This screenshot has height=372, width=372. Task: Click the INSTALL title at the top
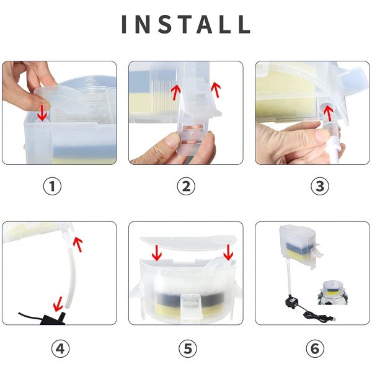click(186, 24)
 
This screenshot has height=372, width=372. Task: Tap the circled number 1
click(52, 186)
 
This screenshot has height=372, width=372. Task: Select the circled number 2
click(186, 186)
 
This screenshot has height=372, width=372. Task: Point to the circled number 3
click(320, 186)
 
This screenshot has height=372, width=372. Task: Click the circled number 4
click(61, 348)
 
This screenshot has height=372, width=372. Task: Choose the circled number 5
click(188, 348)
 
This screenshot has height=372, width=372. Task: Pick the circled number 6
click(315, 348)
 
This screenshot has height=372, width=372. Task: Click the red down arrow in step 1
click(43, 113)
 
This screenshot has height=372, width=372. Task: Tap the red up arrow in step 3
click(328, 113)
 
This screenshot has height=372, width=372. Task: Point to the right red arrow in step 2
click(216, 89)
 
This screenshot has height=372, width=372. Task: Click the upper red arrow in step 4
click(78, 244)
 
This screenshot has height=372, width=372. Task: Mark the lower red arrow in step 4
click(58, 304)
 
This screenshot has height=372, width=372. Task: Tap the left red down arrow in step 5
click(157, 253)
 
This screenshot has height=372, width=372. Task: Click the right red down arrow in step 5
click(228, 252)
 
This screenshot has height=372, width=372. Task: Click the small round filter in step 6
click(333, 292)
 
